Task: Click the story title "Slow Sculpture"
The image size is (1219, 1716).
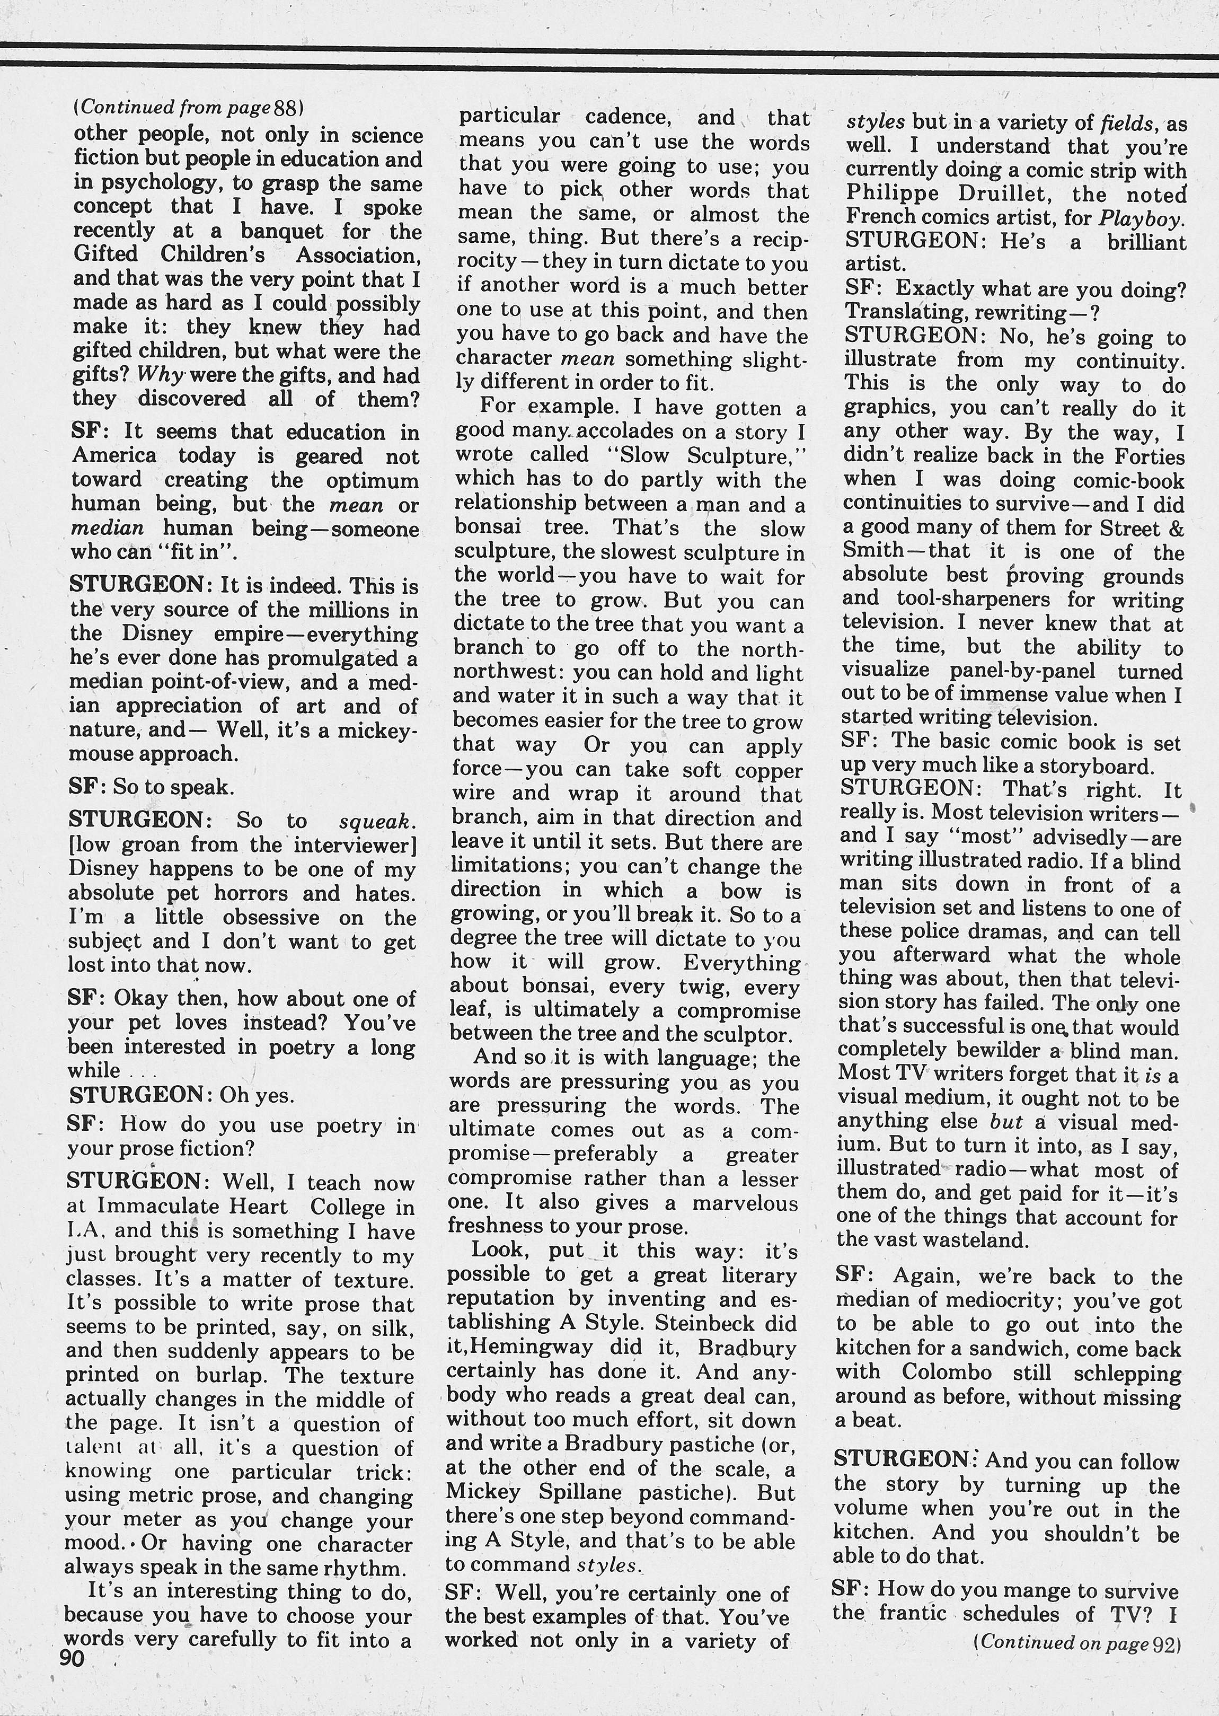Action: [x=709, y=455]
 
